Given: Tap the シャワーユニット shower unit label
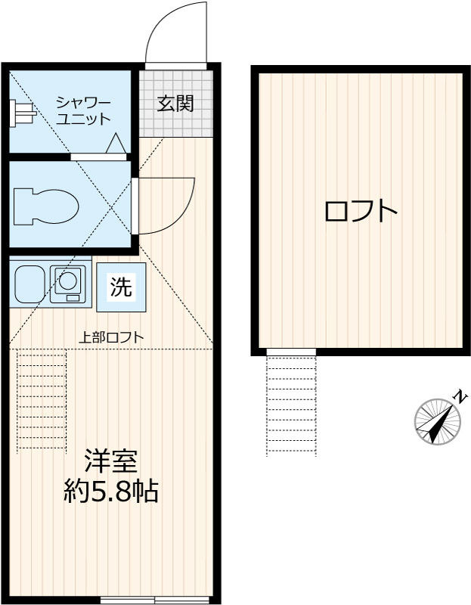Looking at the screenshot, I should click(84, 110).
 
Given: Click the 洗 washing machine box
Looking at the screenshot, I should click(121, 287).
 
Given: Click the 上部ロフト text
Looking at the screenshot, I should click(112, 337).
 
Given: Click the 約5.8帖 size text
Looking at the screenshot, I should click(110, 492).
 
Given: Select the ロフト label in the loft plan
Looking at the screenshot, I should click(361, 211).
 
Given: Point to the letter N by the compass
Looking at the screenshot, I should click(460, 396).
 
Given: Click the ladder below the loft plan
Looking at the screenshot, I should click(291, 405).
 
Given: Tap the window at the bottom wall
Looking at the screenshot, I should click(154, 600).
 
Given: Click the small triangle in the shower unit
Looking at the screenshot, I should click(116, 143).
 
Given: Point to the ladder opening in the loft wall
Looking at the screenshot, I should click(291, 352).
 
